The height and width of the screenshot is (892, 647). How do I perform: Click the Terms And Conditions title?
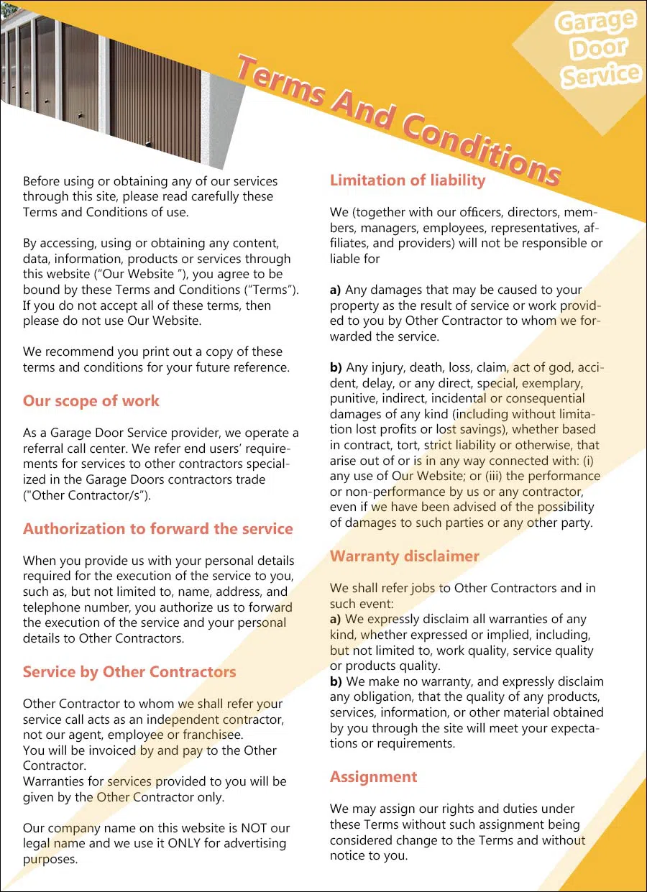399,119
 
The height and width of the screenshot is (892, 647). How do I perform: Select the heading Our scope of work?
91,401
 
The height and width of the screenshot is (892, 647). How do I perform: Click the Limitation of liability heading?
408,180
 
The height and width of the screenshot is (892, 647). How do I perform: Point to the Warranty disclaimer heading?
404,556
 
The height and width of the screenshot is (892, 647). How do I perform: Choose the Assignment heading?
373,777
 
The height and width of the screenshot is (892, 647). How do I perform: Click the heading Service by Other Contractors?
129,672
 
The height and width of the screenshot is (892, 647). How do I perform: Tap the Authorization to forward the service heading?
158,529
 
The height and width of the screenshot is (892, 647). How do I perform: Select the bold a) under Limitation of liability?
336,290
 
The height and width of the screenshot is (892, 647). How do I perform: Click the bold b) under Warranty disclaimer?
336,681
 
